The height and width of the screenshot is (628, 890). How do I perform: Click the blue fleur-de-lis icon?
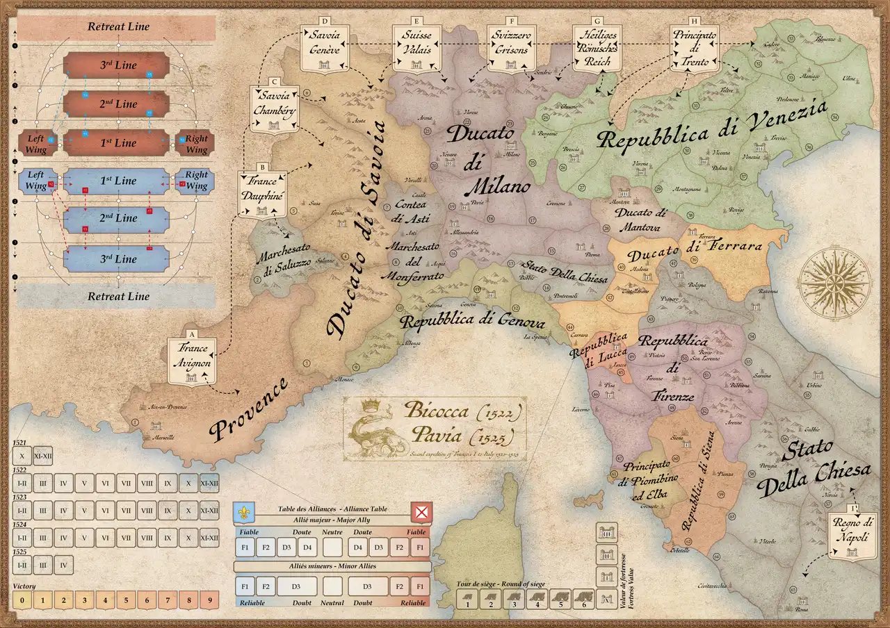[x=243, y=513]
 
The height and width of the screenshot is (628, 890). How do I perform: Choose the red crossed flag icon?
[x=421, y=513]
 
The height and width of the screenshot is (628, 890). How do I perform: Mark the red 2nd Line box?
[x=116, y=104]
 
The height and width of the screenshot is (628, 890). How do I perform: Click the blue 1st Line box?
[x=116, y=181]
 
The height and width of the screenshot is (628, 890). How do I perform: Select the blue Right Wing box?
[x=196, y=181]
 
